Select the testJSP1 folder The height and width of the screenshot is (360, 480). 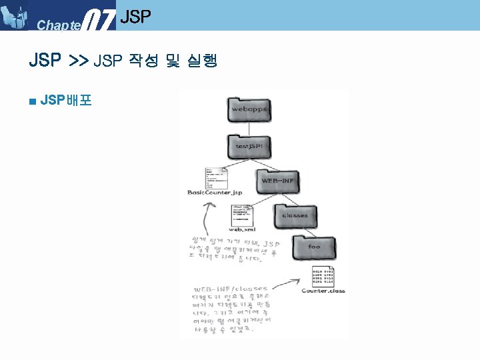tap(250, 147)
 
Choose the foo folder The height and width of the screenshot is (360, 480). tap(315, 247)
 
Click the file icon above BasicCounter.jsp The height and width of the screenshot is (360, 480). tap(217, 178)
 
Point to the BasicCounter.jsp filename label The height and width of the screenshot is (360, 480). tap(215, 193)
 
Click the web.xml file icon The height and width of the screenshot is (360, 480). tap(243, 213)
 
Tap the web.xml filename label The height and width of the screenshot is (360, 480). tap(242, 227)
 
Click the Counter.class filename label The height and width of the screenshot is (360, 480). tap(323, 291)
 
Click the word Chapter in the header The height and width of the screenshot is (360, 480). tap(59, 25)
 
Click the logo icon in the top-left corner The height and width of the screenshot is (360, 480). tap(16, 16)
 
